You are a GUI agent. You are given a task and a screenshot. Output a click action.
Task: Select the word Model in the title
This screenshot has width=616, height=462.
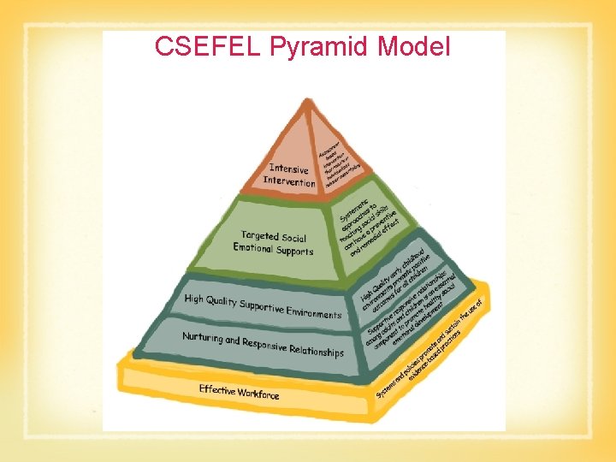tap(407, 47)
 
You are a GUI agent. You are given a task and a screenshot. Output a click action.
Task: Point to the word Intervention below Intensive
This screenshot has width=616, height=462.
tap(289, 181)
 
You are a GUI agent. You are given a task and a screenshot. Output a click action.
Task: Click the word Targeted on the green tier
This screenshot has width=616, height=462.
tap(260, 235)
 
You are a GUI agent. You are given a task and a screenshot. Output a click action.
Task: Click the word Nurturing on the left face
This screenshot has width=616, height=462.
tap(203, 338)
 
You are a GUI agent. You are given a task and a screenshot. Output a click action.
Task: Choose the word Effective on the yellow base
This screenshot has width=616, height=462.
tap(217, 390)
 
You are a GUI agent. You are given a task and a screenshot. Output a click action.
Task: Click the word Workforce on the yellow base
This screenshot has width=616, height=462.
tap(258, 394)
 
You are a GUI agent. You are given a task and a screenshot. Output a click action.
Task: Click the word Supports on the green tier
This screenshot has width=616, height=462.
tap(295, 252)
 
